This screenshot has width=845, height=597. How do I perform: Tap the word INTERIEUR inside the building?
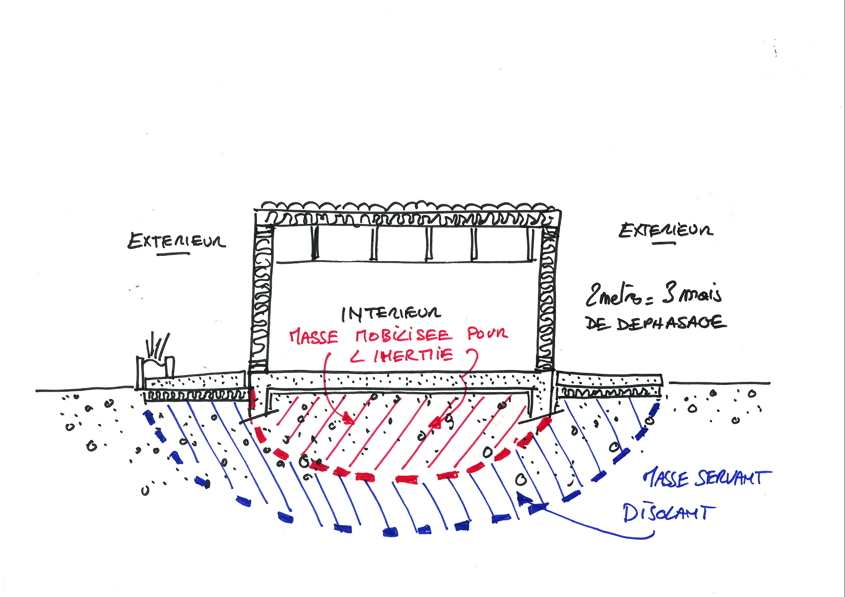click(391, 313)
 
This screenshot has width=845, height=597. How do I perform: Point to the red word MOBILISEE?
click(403, 335)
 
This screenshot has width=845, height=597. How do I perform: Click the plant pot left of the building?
click(155, 364)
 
